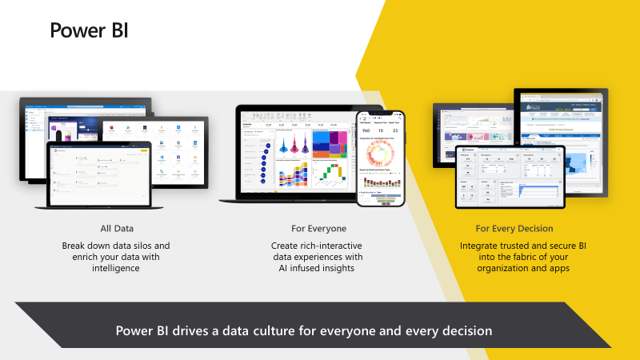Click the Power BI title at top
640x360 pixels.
(89, 30)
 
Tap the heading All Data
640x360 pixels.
(116, 229)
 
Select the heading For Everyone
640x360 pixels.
(312, 229)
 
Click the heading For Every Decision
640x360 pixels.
(514, 229)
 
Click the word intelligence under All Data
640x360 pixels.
(116, 269)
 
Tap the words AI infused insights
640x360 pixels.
(312, 269)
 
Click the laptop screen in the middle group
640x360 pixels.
(295, 152)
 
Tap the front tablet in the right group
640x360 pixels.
(510, 176)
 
